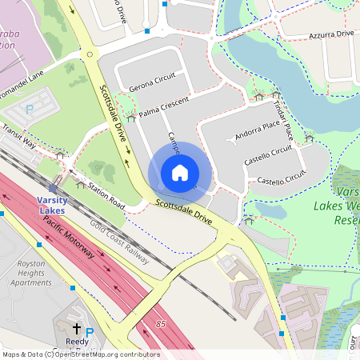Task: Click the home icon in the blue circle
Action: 180,173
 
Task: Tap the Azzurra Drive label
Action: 332,34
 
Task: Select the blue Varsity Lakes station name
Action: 52,205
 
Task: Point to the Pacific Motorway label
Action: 69,237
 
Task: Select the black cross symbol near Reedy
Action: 77,329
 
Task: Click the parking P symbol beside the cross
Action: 90,331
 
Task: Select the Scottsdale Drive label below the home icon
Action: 183,210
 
